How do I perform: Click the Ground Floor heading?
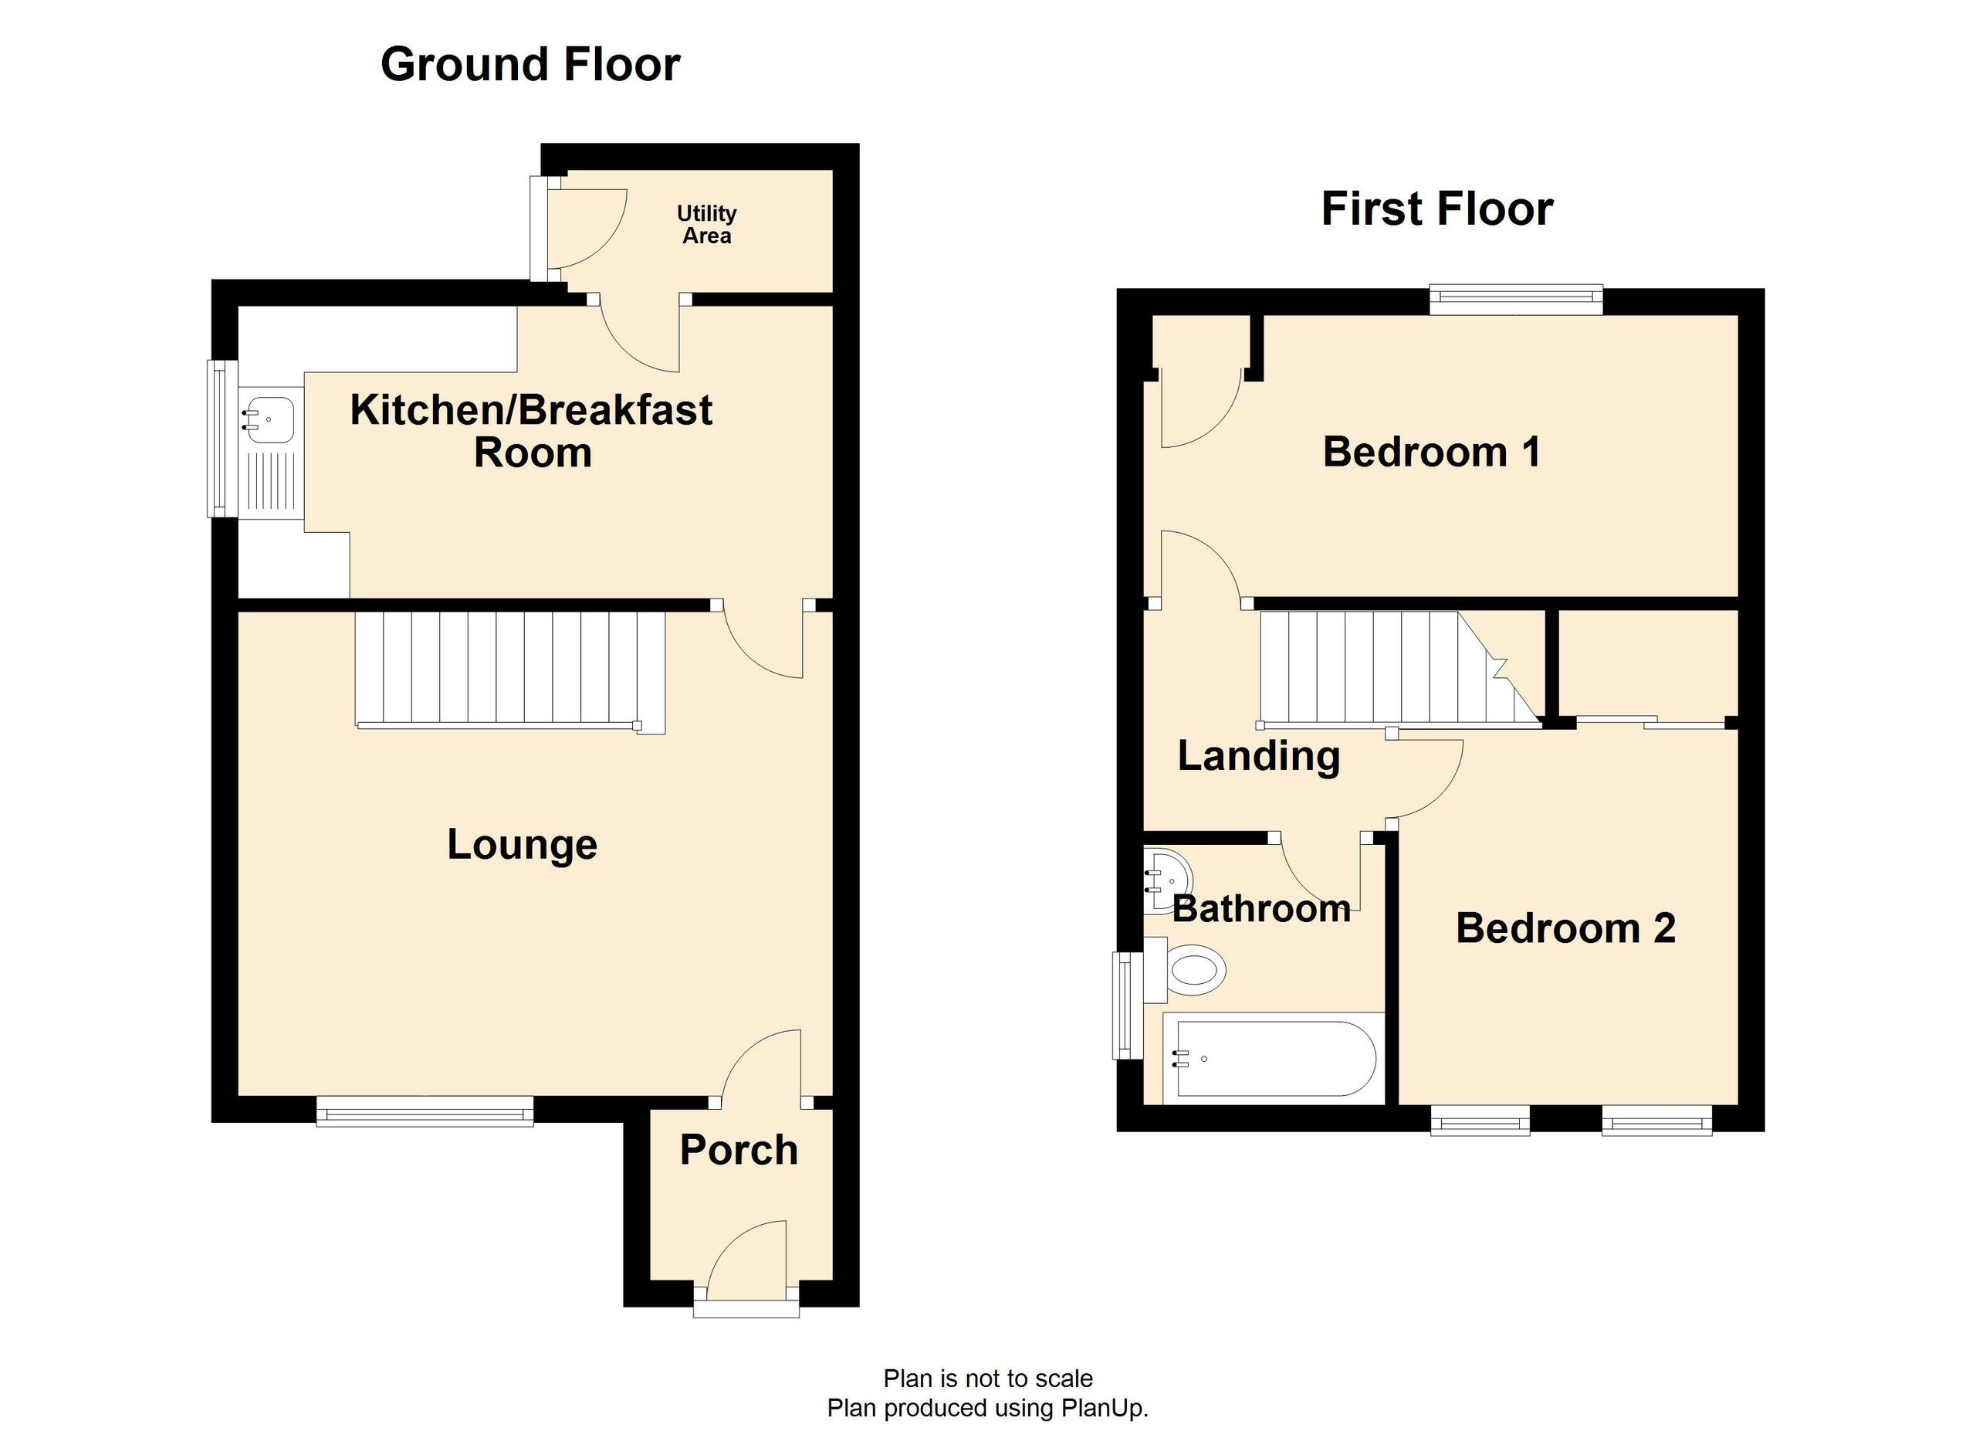coord(530,65)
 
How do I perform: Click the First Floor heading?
coord(1436,209)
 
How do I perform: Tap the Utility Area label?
coord(705,224)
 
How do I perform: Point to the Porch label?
coord(738,1149)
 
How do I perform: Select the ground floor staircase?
coord(509,670)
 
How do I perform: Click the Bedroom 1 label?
coord(1430,452)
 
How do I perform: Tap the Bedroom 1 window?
coord(1515,300)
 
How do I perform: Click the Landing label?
coord(1258,755)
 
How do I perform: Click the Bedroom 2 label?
coord(1565,928)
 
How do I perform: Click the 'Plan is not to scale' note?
coord(987,1378)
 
